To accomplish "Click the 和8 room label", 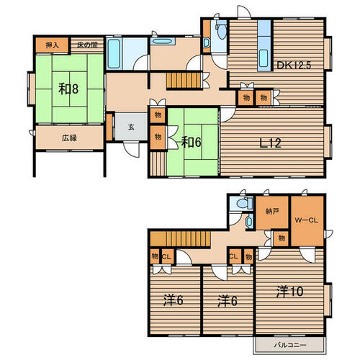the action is [x=68, y=89].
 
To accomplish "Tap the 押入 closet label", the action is [x=53, y=45].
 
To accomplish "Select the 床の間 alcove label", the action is [x=87, y=45].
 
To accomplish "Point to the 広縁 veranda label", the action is [x=69, y=138].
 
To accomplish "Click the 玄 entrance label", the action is [x=131, y=127].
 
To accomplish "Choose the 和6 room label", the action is [x=191, y=142].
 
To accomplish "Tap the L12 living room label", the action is [x=271, y=143].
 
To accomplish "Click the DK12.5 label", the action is [x=294, y=65].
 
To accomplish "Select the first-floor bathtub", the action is [x=114, y=53].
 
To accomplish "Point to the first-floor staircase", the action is [x=184, y=81].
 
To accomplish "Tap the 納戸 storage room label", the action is [x=272, y=211].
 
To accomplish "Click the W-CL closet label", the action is [x=307, y=220].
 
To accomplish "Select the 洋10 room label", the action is [x=289, y=292].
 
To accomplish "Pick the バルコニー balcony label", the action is [x=290, y=345].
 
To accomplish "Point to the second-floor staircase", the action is [x=180, y=238].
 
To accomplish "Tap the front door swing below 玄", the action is [x=132, y=149].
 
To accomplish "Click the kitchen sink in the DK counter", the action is [x=264, y=58].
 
